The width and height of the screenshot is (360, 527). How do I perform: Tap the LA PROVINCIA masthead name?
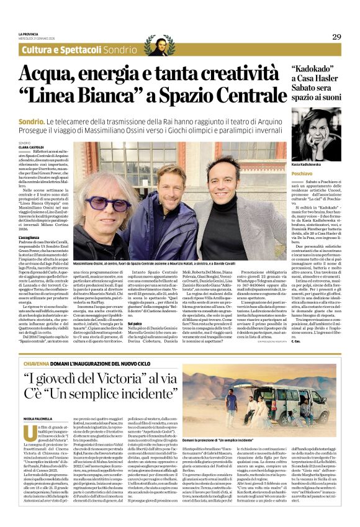click(29, 34)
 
